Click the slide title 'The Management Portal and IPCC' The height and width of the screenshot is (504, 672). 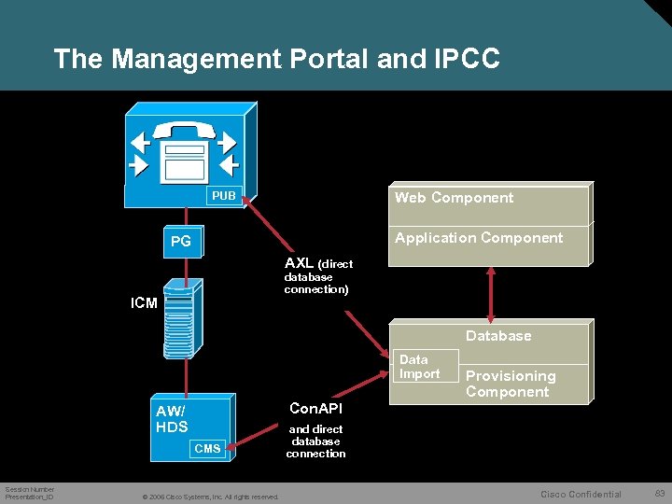pyautogui.click(x=276, y=59)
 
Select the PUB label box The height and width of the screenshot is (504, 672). pyautogui.click(x=224, y=196)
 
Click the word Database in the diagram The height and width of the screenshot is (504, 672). pyautogui.click(x=498, y=336)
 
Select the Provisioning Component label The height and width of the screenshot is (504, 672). pyautogui.click(x=511, y=384)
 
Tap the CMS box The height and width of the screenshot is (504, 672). pyautogui.click(x=207, y=449)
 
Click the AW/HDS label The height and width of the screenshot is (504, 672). pyautogui.click(x=172, y=420)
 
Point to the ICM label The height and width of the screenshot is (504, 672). pyautogui.click(x=144, y=303)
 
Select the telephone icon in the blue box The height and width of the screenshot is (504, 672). pyautogui.click(x=184, y=150)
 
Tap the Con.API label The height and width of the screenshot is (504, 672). pyautogui.click(x=316, y=409)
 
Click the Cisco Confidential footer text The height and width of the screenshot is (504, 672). pyautogui.click(x=581, y=494)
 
